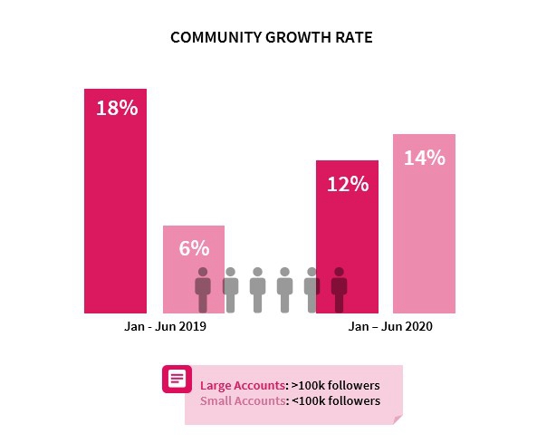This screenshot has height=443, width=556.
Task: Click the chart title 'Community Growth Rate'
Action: tap(272, 39)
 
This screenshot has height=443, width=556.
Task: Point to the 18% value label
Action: tap(116, 108)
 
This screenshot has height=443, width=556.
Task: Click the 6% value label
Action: tap(193, 247)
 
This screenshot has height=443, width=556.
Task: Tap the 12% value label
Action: tap(347, 184)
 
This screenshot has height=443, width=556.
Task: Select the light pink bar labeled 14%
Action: tap(424, 236)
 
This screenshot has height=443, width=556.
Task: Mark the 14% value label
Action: tap(424, 158)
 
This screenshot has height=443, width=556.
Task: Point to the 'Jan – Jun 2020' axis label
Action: tap(390, 326)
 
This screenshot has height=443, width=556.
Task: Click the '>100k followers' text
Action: tap(331, 385)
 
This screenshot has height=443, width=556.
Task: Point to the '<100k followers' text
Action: tap(331, 400)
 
